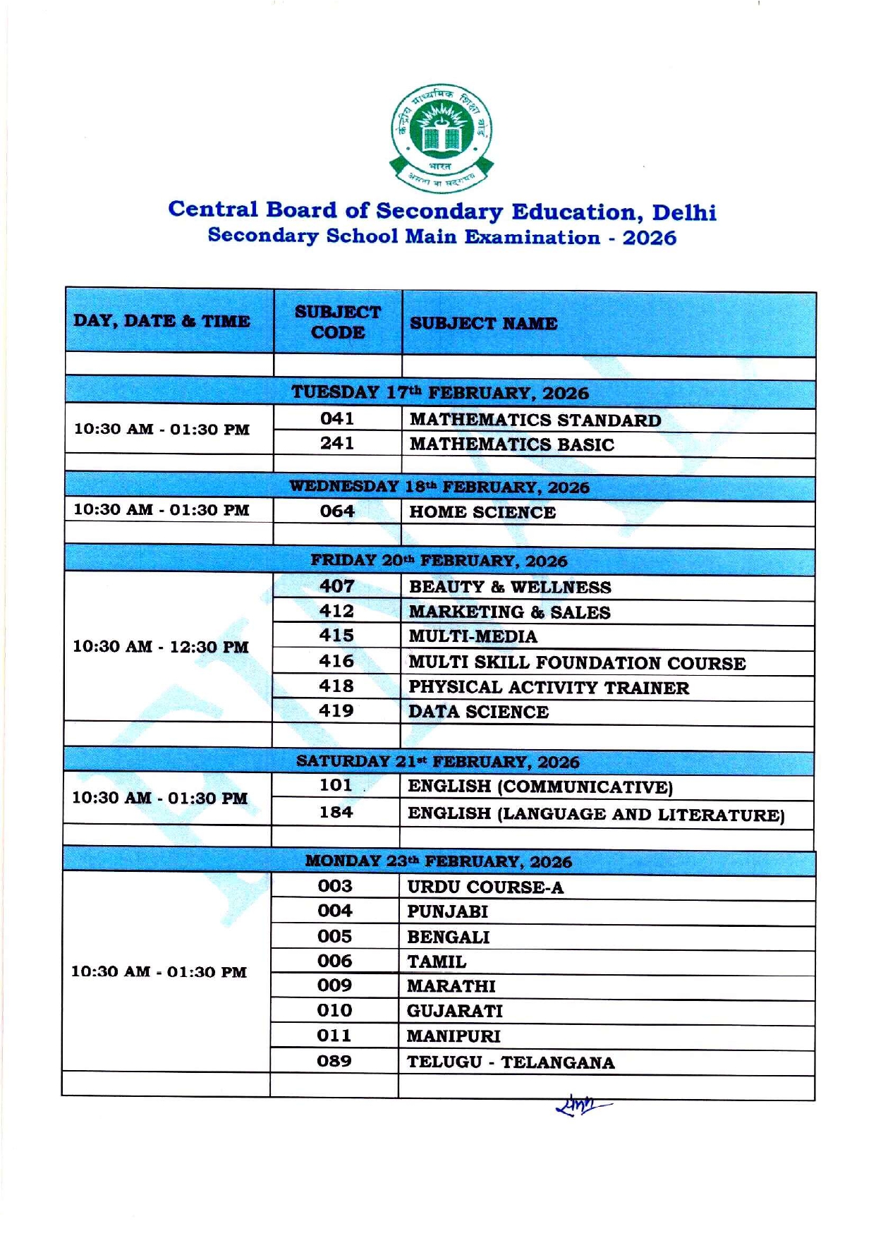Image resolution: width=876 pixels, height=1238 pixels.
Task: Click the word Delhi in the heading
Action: coord(683,212)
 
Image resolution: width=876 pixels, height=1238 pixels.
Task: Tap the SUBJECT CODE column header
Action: coord(337,322)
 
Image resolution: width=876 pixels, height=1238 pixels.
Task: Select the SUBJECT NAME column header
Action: coord(483,323)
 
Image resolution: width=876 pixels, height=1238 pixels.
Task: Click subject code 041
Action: coord(337,419)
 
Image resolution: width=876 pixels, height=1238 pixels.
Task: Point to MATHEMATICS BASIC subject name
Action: coord(511,444)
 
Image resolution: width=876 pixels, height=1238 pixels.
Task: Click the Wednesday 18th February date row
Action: coord(439,487)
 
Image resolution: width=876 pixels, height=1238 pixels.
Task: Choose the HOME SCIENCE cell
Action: coord(482,512)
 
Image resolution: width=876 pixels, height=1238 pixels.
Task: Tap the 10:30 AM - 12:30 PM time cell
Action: coord(161,647)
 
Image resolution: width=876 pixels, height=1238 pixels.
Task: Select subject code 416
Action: coord(336,662)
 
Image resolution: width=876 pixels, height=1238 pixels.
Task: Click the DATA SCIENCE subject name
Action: coord(478,712)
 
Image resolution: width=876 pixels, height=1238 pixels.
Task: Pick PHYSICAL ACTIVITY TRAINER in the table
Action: coord(549,688)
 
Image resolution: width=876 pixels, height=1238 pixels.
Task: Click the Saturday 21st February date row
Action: coord(437,762)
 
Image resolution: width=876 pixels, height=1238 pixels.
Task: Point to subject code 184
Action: coord(336,813)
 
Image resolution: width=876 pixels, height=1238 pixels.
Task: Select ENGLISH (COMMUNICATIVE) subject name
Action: coord(540,787)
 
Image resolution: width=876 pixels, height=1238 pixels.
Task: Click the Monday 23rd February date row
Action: coord(438,861)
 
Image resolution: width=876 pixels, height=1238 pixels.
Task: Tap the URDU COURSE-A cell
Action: coord(485,887)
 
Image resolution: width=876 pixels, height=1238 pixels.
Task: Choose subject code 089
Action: coord(334,1061)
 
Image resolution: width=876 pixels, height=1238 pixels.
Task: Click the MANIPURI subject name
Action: coord(454,1036)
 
